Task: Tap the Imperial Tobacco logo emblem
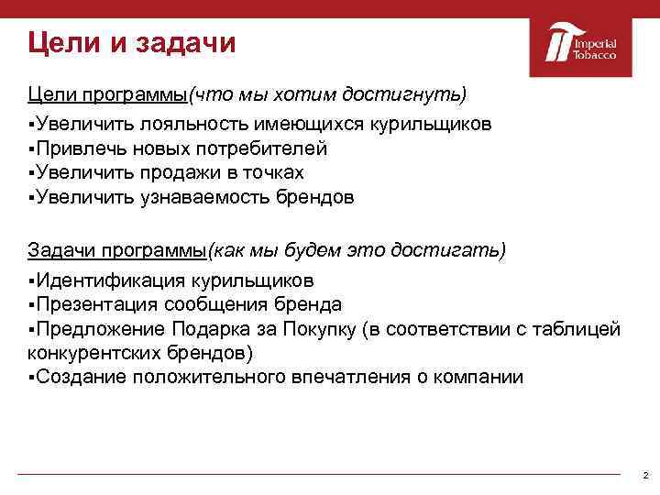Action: [x=556, y=45]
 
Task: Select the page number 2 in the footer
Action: [x=645, y=476]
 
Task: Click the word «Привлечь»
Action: [x=76, y=148]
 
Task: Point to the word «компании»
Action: [x=482, y=377]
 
